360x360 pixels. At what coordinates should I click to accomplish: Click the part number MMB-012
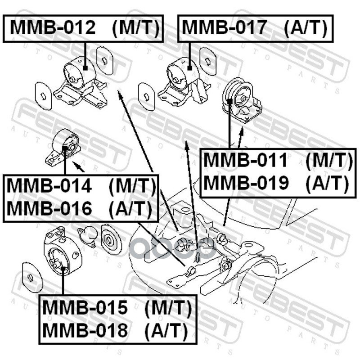(x=53, y=28)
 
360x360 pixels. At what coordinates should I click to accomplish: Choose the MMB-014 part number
(x=50, y=186)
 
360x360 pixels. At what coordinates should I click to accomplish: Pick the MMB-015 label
(x=85, y=308)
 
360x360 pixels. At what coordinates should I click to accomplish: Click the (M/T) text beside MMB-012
(x=135, y=28)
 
